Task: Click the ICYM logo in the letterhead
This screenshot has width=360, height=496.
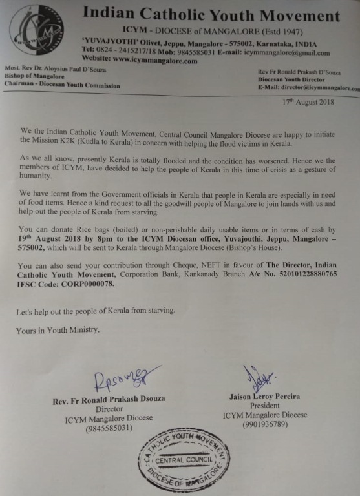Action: (x=36, y=28)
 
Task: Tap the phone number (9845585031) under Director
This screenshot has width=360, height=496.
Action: (x=108, y=427)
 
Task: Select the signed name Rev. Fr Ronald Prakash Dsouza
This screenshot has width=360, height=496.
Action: (x=109, y=400)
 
